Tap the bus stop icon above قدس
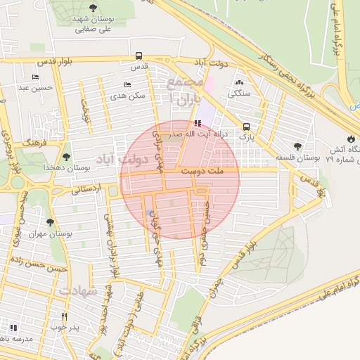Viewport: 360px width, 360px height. click(x=139, y=55)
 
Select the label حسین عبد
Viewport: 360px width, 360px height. click(x=32, y=87)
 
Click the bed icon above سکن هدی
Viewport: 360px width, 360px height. click(x=127, y=84)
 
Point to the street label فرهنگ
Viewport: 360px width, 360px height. click(x=33, y=142)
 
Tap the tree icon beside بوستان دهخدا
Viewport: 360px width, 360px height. click(x=66, y=157)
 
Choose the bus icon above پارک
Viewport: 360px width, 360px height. click(x=246, y=127)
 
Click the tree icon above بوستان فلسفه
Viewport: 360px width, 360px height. click(x=298, y=146)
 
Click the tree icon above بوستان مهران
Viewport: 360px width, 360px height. click(x=49, y=222)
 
